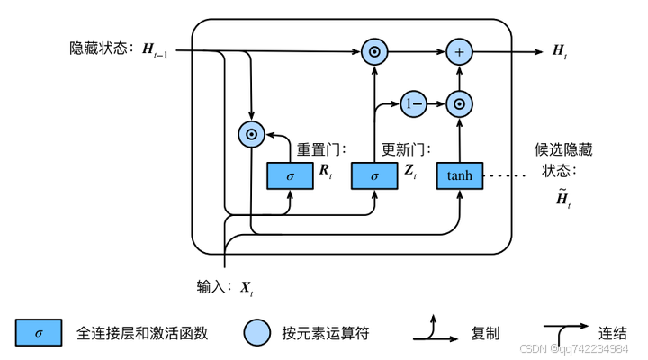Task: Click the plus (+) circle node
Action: pos(459,52)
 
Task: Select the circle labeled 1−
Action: pos(413,103)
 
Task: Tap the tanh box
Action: pos(459,175)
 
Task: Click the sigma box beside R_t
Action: pos(290,175)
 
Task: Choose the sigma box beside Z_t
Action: pos(374,175)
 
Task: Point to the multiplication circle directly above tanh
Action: pos(459,103)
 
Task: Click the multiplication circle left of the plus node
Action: pos(374,52)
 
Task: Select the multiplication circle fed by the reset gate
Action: pos(250,135)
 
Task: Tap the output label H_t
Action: pos(561,52)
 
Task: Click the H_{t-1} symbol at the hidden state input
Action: pos(158,49)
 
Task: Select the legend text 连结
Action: pos(613,332)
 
